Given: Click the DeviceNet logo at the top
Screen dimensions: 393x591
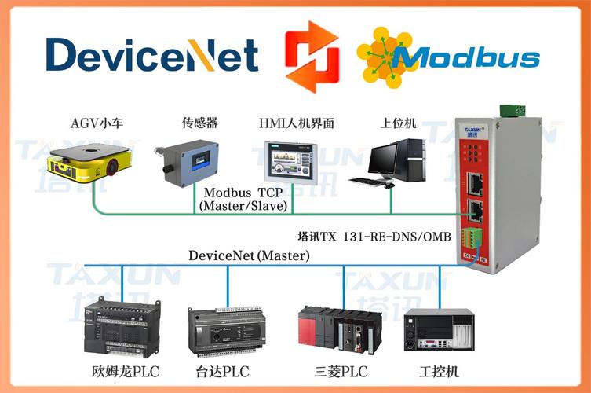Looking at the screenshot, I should coord(151,55).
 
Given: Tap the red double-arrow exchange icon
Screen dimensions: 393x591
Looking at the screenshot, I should coord(312,57).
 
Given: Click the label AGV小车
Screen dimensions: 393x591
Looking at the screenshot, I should coord(97,123).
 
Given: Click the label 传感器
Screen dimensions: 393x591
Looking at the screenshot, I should coord(199,123).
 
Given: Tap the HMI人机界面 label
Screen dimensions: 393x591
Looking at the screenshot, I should coord(297,123).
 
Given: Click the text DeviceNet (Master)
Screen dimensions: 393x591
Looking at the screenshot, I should coord(249,255).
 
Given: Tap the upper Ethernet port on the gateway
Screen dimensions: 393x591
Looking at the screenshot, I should coord(476,182).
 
